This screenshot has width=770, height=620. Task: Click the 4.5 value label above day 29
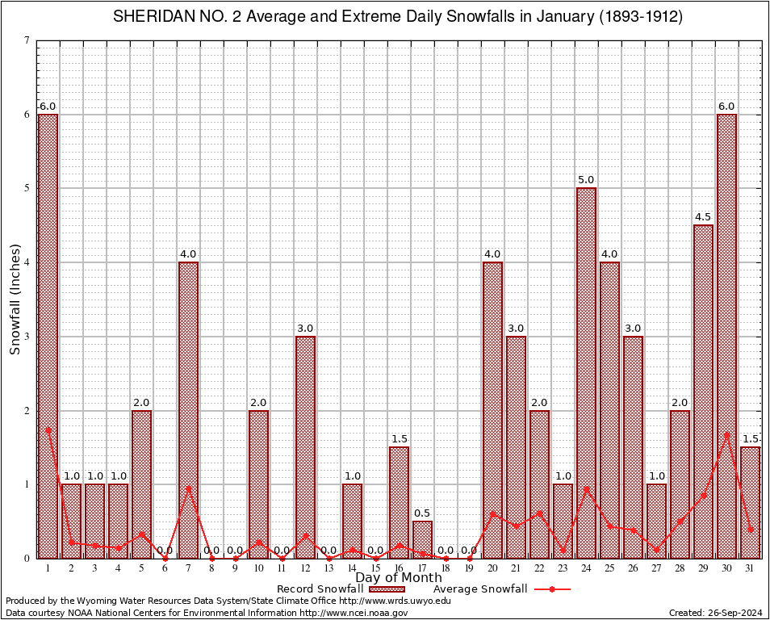(703, 217)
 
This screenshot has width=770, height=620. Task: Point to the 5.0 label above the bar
(586, 180)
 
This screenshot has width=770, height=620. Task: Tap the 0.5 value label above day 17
(422, 513)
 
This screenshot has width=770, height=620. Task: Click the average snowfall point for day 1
(48, 429)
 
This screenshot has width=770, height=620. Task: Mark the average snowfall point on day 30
(726, 434)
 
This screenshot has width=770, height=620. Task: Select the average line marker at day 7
(188, 488)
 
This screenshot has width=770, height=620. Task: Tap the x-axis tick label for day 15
(375, 568)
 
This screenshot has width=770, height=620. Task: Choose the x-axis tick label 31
(750, 568)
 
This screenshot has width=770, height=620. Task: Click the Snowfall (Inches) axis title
(15, 300)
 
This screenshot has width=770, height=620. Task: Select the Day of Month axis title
(399, 578)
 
